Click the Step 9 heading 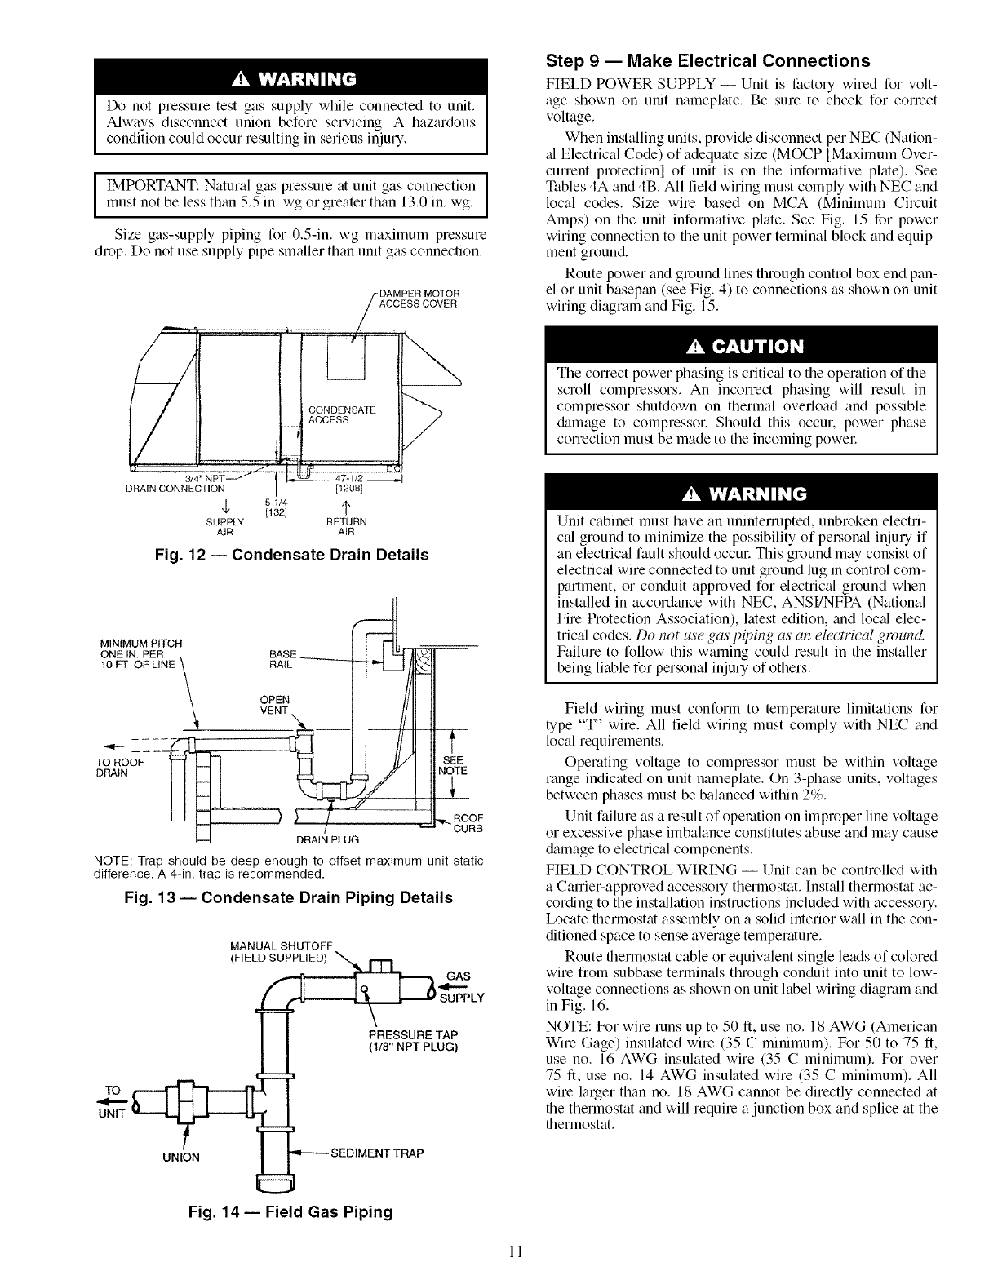tap(707, 61)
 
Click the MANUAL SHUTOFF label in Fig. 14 tap(273, 951)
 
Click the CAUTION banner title tap(741, 347)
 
